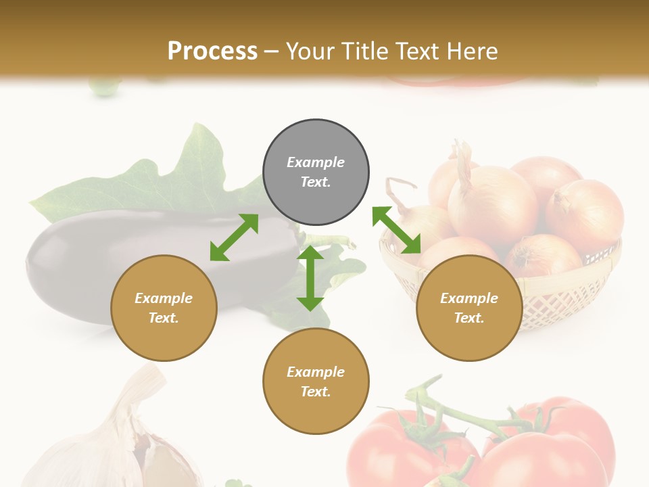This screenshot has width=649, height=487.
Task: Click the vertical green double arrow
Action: pos(310,278)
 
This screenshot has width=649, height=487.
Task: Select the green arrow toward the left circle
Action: pos(234,237)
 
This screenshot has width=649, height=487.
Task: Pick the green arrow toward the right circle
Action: pos(397,230)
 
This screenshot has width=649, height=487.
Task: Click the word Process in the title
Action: pos(212,51)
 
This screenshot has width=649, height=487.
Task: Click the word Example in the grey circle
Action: pos(316,162)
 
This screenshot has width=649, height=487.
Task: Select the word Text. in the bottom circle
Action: pos(316,392)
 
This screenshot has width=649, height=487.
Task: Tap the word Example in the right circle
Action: pos(469,298)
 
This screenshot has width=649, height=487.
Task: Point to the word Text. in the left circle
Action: pos(164,318)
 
